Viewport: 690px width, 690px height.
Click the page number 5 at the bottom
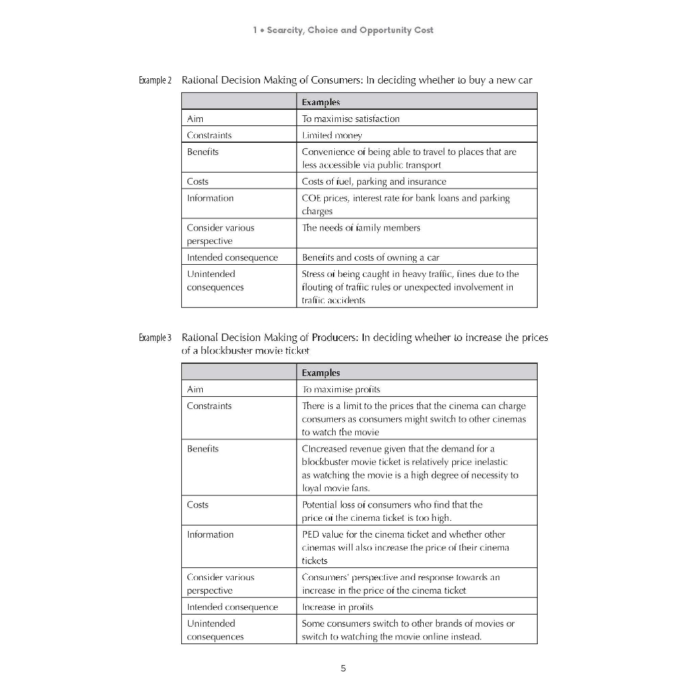click(x=343, y=668)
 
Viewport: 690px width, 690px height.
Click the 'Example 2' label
click(x=155, y=80)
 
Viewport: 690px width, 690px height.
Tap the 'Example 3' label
click(x=155, y=338)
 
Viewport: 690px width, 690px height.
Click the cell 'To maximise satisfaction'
click(x=350, y=119)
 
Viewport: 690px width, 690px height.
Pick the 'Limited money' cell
click(x=332, y=135)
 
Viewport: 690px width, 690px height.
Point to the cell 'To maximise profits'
click(x=341, y=389)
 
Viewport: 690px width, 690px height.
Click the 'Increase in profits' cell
click(x=338, y=607)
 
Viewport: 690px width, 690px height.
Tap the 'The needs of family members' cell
click(x=360, y=228)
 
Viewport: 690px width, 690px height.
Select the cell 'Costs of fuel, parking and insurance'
click(x=374, y=181)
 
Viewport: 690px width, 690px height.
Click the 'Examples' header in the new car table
click(x=321, y=102)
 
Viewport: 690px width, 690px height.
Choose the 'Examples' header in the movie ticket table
click(x=321, y=373)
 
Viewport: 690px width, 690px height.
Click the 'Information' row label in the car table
click(x=210, y=198)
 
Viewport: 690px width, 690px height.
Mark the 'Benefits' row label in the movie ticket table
click(x=203, y=449)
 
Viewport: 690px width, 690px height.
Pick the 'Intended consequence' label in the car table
click(x=232, y=257)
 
